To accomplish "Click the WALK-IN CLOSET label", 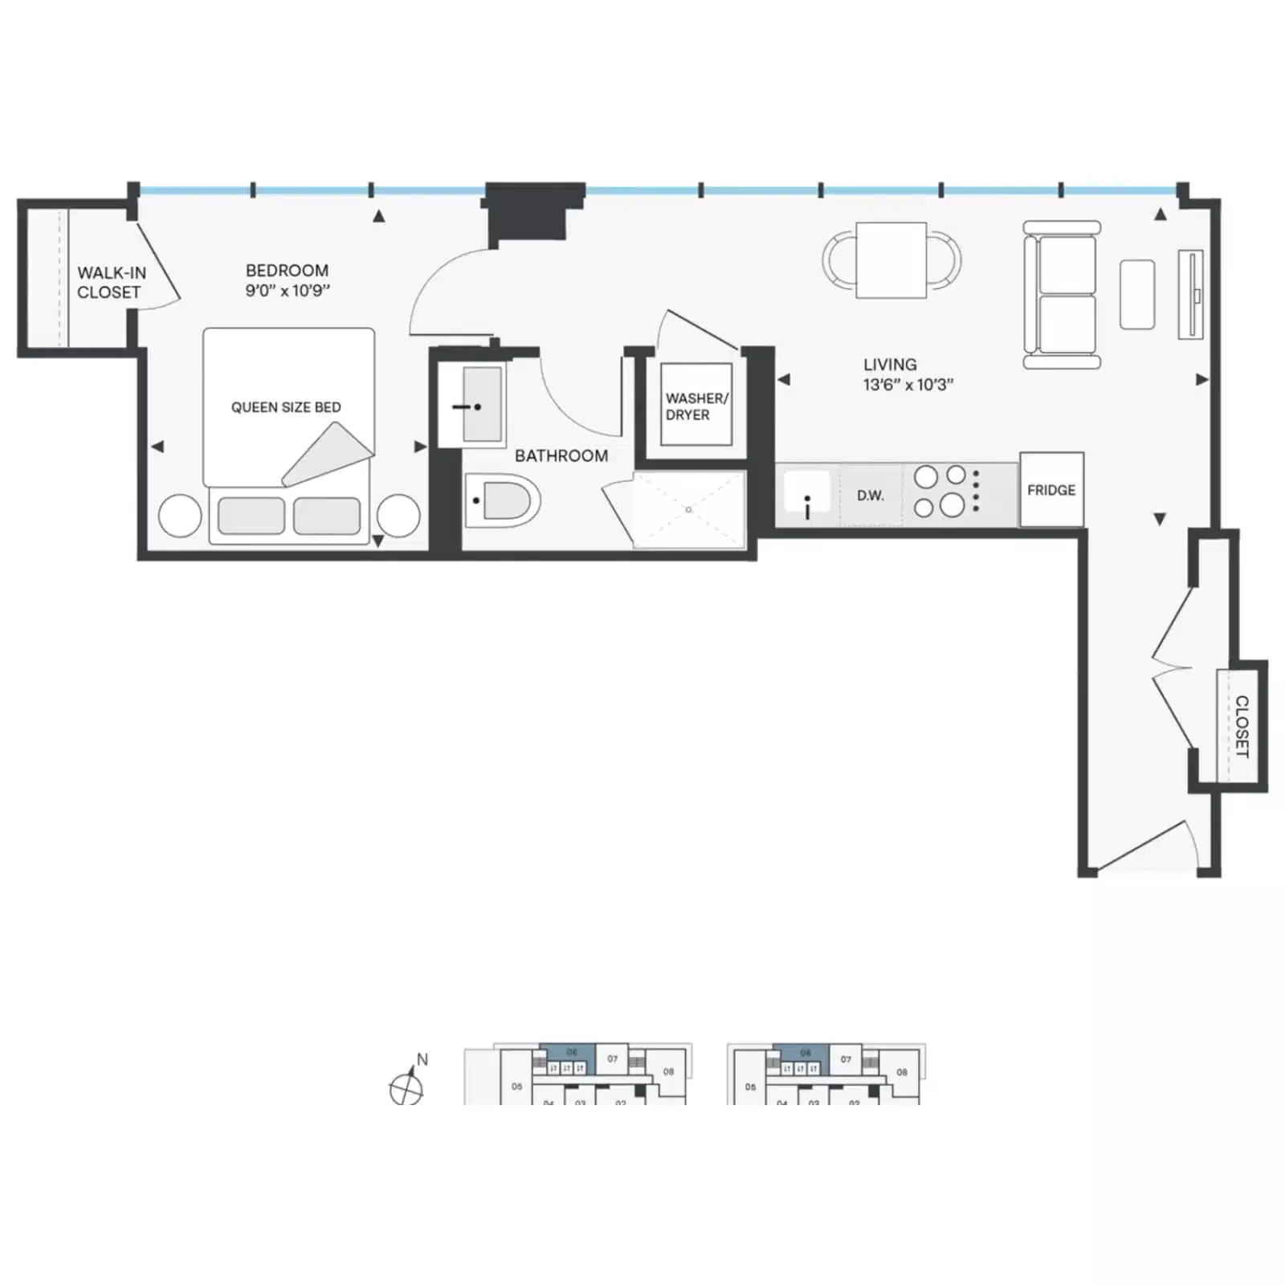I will click(x=110, y=283).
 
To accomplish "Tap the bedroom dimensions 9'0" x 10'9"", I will click(x=288, y=291).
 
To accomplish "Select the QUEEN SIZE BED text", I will click(x=286, y=407).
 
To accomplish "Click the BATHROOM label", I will click(x=561, y=456).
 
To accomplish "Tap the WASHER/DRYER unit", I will click(x=696, y=406).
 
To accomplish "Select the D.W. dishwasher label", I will click(x=870, y=496).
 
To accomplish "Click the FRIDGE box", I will click(x=1051, y=490).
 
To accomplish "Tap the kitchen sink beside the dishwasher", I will click(x=806, y=493).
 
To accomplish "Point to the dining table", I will click(x=891, y=259).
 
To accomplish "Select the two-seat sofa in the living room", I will click(x=1061, y=295).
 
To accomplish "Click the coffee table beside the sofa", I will click(x=1136, y=294).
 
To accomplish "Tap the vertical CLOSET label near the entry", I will click(x=1242, y=726).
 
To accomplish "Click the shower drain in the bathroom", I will click(x=688, y=510).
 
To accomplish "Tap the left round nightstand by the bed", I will click(x=180, y=515).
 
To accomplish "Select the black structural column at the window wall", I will click(x=534, y=210).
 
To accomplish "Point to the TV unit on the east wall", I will click(x=1191, y=294).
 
